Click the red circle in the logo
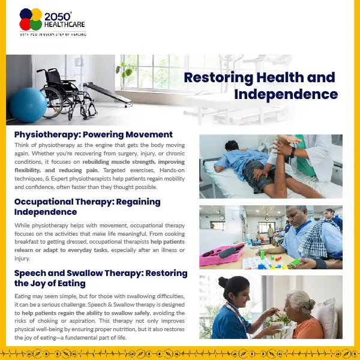(25, 25)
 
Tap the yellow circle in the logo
(37, 14)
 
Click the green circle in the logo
(36, 25)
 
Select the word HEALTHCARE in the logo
(65, 25)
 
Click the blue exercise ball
(28, 105)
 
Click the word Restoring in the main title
(218, 78)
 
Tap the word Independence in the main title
(286, 94)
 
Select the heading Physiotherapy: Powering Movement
(94, 134)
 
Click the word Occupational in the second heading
(43, 202)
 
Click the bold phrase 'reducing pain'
(79, 170)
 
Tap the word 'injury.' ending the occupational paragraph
(22, 259)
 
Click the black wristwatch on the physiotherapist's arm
(293, 152)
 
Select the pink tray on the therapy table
(221, 256)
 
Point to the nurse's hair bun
(223, 282)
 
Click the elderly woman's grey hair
(300, 301)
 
